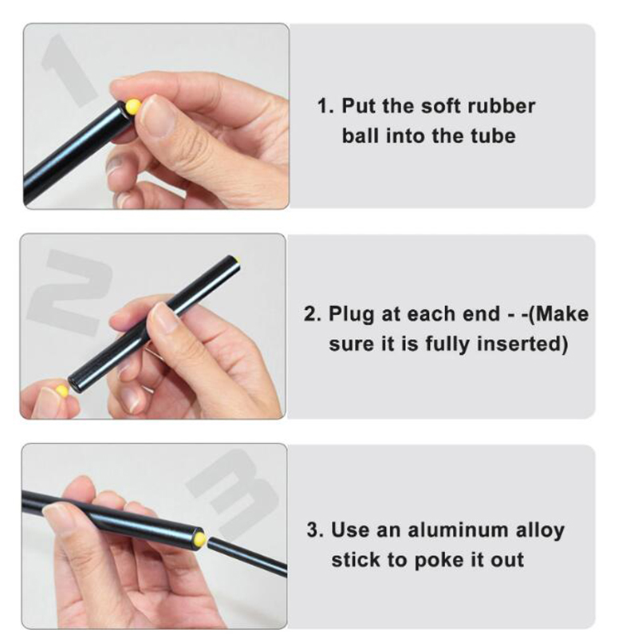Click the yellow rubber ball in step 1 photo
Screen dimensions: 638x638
click(132, 106)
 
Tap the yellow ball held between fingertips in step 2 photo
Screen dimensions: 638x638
click(62, 391)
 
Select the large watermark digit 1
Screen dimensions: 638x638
click(69, 70)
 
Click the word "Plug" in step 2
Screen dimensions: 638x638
click(351, 315)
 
